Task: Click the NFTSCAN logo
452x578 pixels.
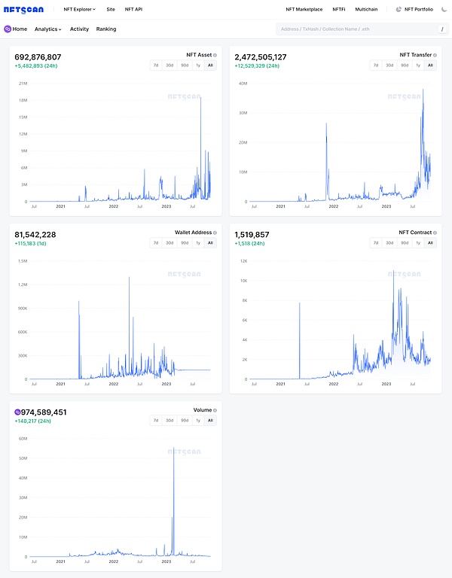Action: (x=25, y=9)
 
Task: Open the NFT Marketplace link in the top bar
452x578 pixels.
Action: (x=304, y=9)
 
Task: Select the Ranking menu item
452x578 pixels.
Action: (x=106, y=29)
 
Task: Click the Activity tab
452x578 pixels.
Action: (x=79, y=29)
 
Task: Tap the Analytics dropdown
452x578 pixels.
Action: (x=48, y=29)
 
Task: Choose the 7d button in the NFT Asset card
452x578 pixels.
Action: (x=156, y=65)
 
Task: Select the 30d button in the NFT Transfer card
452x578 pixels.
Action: (x=389, y=65)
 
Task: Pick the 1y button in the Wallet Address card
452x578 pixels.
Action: (x=198, y=242)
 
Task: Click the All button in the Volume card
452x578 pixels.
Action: (x=210, y=420)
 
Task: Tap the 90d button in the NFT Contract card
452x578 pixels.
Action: (x=405, y=242)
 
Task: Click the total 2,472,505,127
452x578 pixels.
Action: (x=261, y=56)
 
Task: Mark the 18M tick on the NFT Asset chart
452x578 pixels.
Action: (x=23, y=100)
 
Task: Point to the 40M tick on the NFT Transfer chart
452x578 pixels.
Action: (x=243, y=83)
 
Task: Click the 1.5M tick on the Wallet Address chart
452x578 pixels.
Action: (x=22, y=260)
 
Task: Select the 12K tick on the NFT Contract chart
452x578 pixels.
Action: (x=243, y=260)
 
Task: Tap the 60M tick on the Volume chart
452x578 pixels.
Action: (x=23, y=438)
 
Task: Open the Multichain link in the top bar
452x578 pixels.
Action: (x=366, y=9)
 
